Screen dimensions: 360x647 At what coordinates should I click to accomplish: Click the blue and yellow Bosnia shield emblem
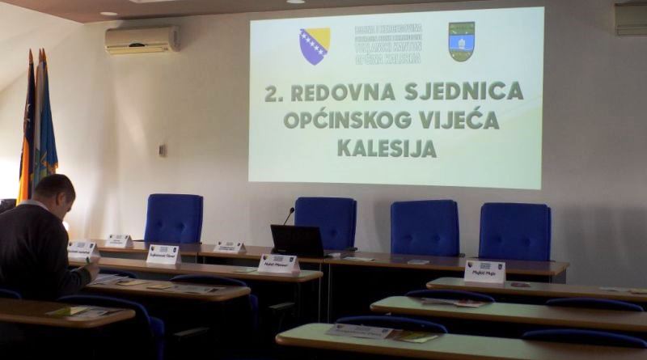pyautogui.click(x=315, y=45)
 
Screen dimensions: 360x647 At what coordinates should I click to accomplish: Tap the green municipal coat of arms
pyautogui.click(x=461, y=41)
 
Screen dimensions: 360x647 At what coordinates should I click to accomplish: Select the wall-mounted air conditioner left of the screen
pyautogui.click(x=142, y=40)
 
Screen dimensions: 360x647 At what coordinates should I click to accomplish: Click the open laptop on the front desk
pyautogui.click(x=297, y=241)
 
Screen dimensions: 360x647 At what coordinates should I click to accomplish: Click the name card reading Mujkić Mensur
pyautogui.click(x=278, y=264)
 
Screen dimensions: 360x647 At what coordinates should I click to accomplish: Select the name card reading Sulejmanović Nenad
pyautogui.click(x=163, y=255)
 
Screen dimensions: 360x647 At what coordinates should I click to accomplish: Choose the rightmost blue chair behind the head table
pyautogui.click(x=514, y=231)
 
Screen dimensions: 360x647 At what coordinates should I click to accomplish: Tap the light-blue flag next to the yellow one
pyautogui.click(x=46, y=129)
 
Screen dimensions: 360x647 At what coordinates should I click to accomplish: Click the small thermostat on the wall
pyautogui.click(x=163, y=150)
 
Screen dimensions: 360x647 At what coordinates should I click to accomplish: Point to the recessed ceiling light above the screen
pyautogui.click(x=296, y=2)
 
